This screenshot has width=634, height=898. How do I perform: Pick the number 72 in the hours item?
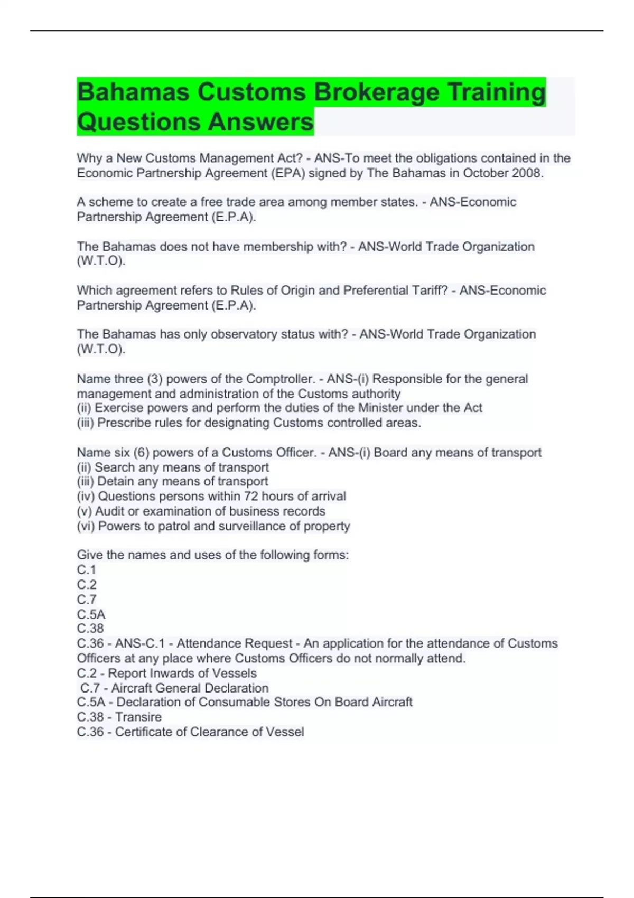point(251,497)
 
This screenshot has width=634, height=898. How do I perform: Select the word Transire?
point(138,717)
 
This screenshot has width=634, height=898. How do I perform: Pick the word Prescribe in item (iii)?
point(122,423)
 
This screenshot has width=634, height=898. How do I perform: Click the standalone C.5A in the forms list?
point(91,614)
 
